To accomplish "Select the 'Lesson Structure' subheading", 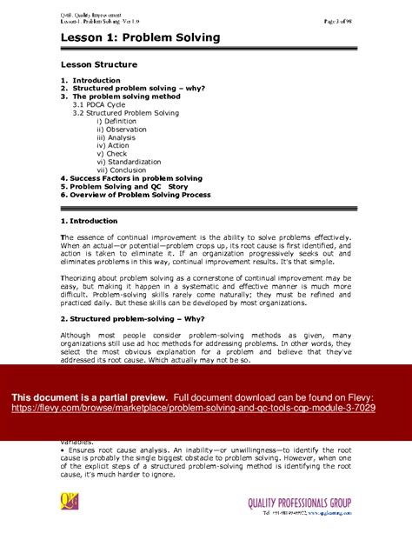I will (x=98, y=64).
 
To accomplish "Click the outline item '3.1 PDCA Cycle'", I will (x=105, y=104).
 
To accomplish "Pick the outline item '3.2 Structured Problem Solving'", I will (x=126, y=113).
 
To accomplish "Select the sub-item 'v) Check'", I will (x=111, y=153).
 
